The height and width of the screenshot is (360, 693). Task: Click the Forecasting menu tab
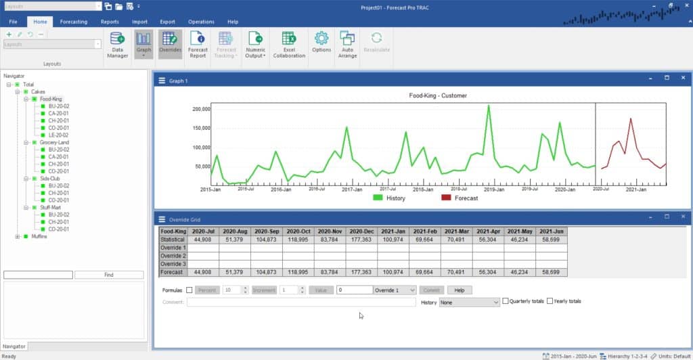73,22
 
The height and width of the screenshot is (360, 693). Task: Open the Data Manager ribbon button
117,44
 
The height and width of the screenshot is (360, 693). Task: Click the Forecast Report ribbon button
198,44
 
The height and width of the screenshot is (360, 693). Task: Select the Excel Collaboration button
289,44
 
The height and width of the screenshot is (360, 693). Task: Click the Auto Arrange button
347,44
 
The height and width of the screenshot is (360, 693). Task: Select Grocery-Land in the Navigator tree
54,143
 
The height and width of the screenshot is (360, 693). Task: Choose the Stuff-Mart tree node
51,208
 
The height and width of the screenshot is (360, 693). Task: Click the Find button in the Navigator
109,275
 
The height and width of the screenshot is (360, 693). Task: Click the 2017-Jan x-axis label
352,190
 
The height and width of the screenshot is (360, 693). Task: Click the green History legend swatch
379,198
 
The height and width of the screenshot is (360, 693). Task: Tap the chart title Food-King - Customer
438,95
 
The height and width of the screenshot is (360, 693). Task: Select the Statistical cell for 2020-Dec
361,240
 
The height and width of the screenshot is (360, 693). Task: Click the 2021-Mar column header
457,231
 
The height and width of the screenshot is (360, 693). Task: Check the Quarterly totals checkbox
506,301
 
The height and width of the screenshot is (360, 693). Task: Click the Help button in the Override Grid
459,290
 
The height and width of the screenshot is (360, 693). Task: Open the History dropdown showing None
470,302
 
